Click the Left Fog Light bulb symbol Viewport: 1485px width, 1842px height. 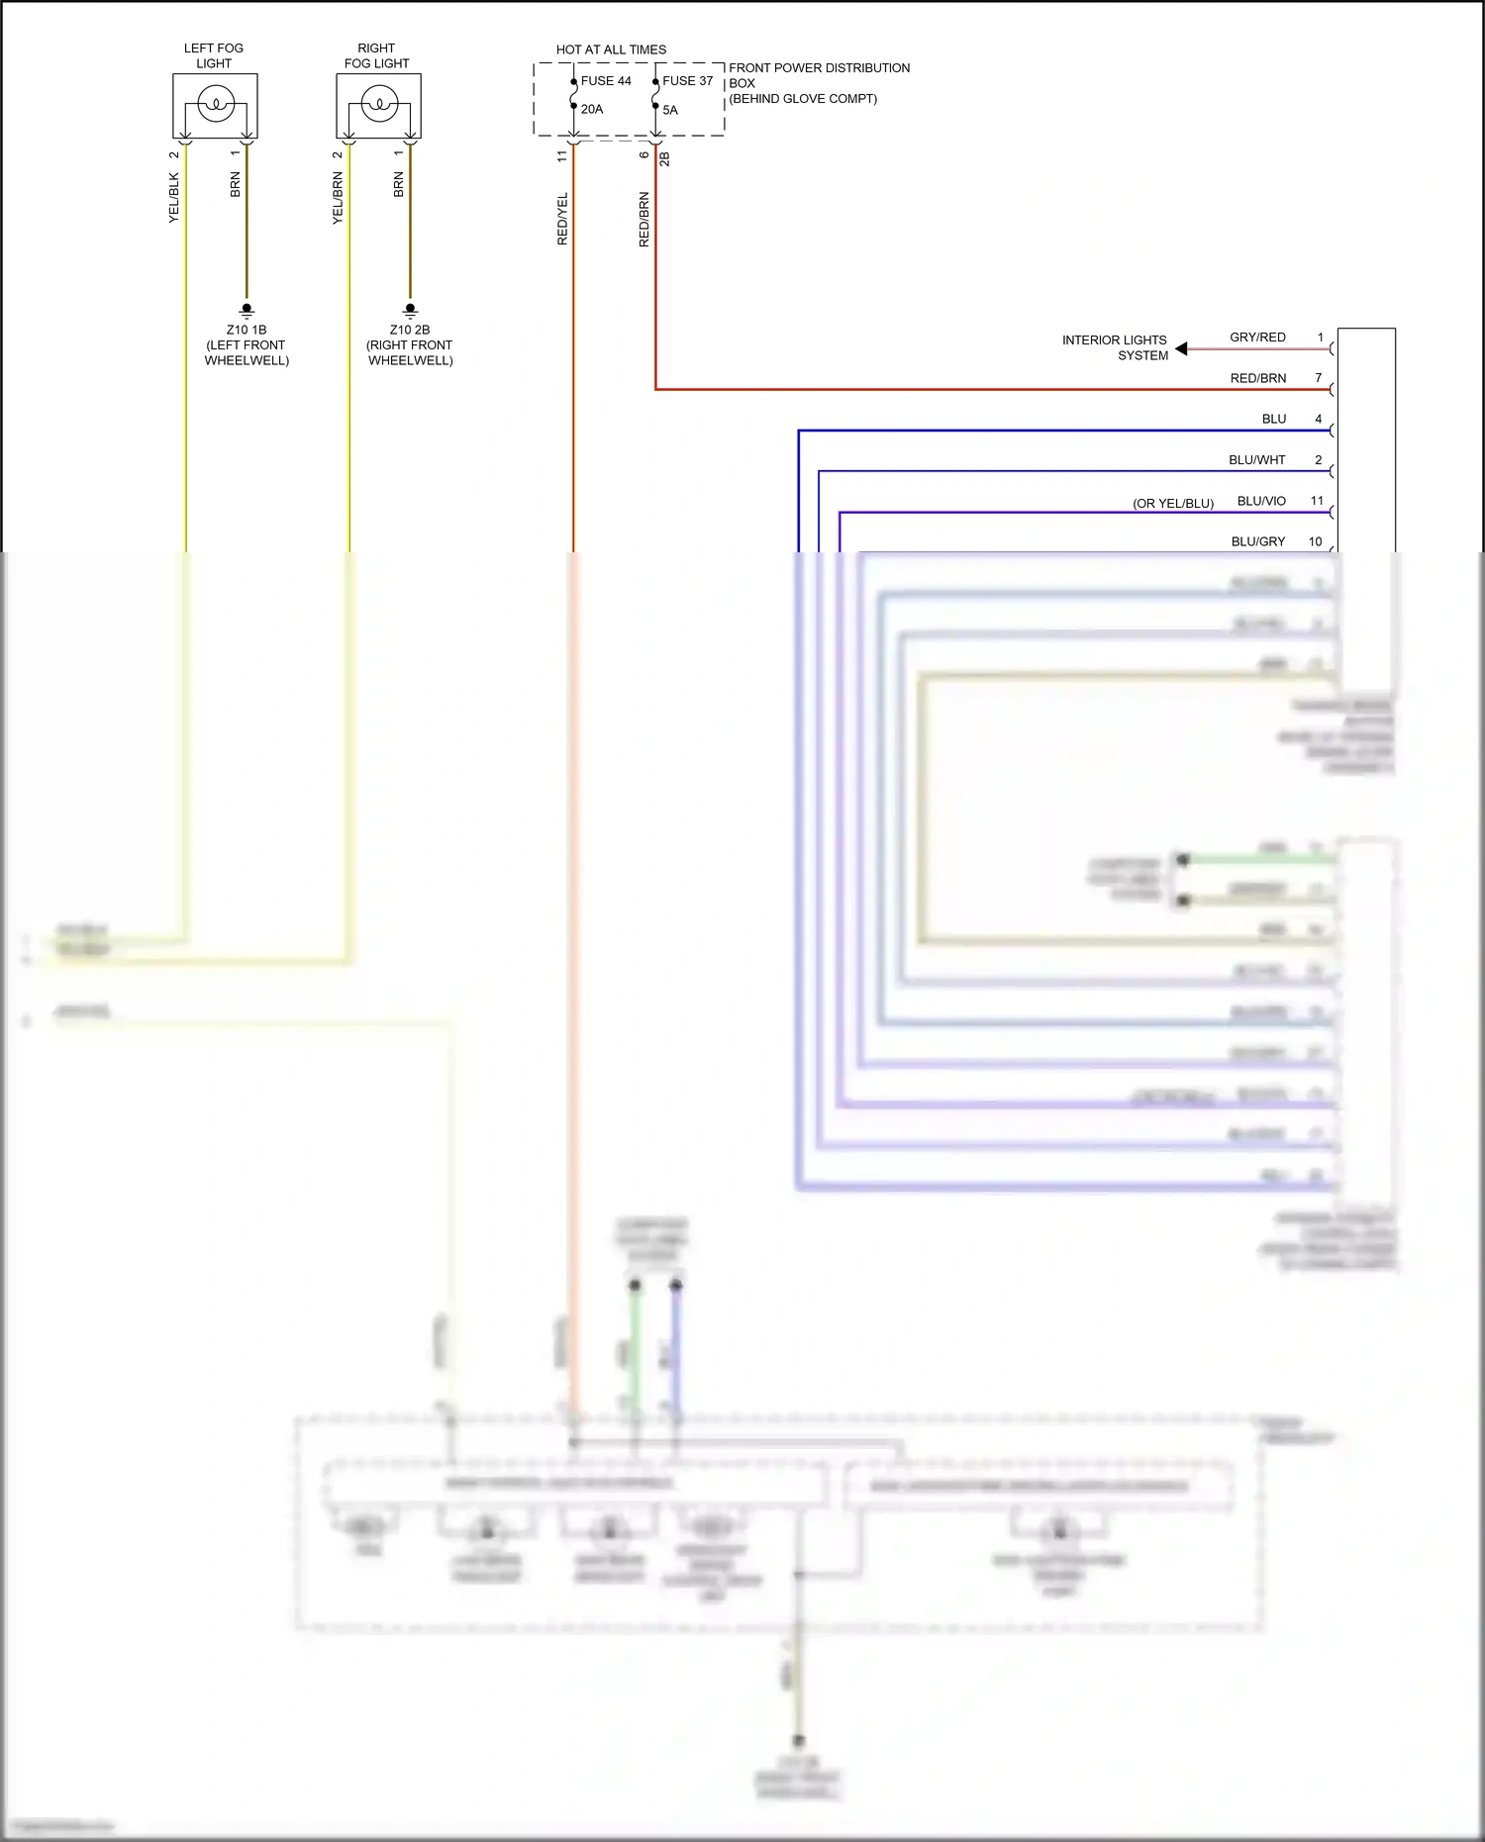(216, 103)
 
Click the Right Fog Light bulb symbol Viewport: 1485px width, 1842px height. (379, 103)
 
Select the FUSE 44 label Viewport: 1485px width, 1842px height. (606, 81)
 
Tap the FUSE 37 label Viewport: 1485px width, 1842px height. (687, 81)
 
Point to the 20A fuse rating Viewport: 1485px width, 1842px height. (592, 109)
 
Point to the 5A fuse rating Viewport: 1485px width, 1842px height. (670, 110)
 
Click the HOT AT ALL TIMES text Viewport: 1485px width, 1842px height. (611, 49)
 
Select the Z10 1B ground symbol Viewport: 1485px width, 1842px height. (247, 310)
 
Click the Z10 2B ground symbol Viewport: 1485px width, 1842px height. (411, 310)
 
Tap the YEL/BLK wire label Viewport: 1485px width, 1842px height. (174, 198)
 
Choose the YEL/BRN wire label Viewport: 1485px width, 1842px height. (338, 198)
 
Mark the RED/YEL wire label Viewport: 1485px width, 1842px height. (562, 219)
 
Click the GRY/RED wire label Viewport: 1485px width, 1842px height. (1257, 338)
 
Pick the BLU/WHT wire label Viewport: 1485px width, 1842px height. (1256, 460)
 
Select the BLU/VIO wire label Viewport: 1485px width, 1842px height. (1261, 501)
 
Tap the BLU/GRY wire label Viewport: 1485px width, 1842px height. (1257, 541)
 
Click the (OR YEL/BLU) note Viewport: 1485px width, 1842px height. (1173, 503)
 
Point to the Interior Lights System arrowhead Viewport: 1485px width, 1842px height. (1181, 348)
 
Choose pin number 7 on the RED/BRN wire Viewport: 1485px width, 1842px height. (1318, 378)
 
